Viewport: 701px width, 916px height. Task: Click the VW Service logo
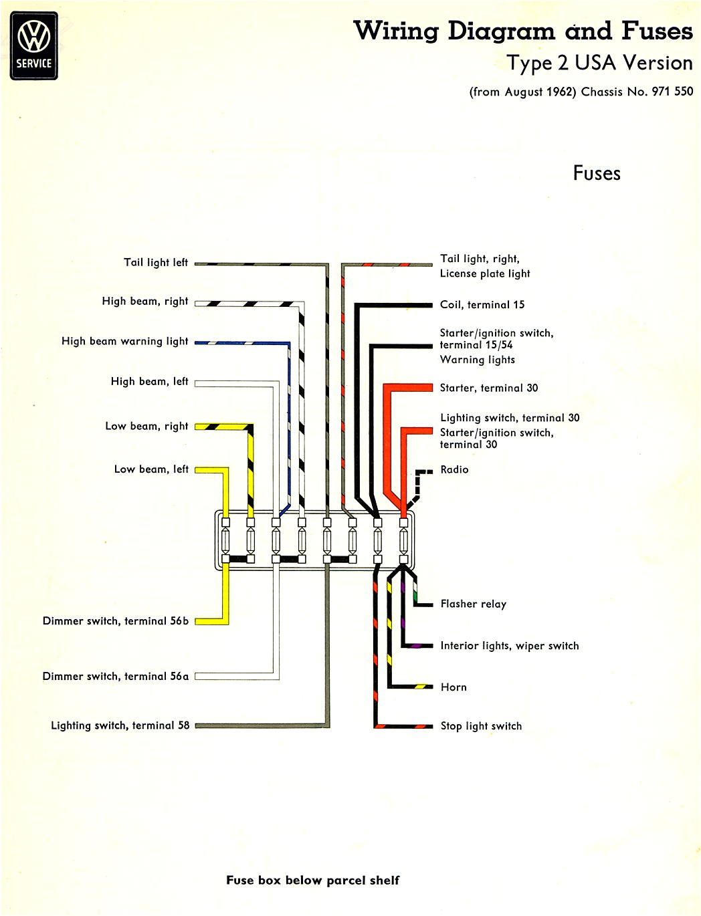[x=34, y=45]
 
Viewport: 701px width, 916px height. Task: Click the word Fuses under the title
[x=596, y=173]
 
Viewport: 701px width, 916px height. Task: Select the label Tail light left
[x=155, y=262]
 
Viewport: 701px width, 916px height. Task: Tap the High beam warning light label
[x=124, y=341]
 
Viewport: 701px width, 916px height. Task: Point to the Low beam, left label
[x=151, y=469]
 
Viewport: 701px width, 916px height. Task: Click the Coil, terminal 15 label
[x=482, y=305]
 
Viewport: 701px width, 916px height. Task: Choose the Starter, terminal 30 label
[x=488, y=388]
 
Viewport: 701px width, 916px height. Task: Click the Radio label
[x=454, y=469]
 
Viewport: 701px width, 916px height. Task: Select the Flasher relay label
[x=473, y=604]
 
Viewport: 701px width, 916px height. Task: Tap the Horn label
[x=454, y=687]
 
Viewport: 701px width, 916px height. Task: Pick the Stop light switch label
[x=481, y=725]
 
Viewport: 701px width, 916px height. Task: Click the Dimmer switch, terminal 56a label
[x=115, y=676]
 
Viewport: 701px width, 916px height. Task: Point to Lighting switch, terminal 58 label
[x=120, y=725]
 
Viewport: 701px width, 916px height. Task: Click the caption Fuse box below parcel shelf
[x=312, y=880]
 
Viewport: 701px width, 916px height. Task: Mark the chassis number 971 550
[x=672, y=92]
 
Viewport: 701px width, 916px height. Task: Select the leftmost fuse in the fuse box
[x=226, y=539]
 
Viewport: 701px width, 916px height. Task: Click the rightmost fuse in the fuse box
[x=403, y=539]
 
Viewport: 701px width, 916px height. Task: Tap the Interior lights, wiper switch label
[x=509, y=645]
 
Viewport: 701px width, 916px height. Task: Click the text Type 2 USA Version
[x=599, y=63]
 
